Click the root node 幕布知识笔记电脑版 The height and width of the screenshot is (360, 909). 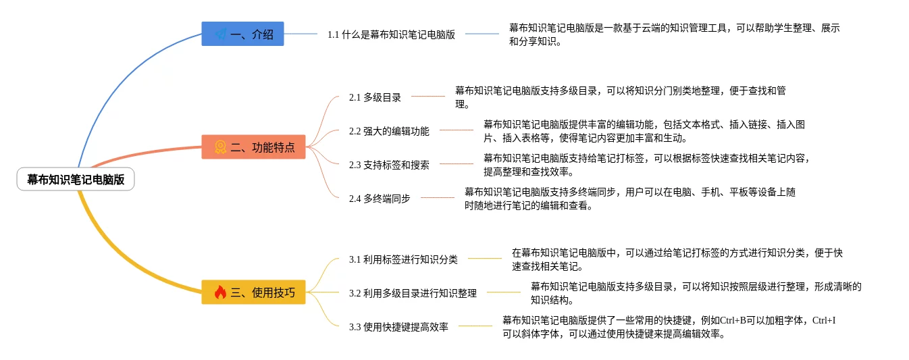coord(76,180)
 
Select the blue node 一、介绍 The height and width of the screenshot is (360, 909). coord(242,34)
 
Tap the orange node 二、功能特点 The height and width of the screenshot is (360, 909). coord(253,147)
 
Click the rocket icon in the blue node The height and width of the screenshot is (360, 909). coord(220,34)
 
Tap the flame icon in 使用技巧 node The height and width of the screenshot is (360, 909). coord(220,292)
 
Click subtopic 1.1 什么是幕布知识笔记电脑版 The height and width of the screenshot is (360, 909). coord(391,34)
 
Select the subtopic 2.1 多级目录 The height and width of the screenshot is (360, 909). coord(375,97)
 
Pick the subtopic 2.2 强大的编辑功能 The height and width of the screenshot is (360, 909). coord(389,131)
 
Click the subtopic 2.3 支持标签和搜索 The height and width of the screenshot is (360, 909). coord(389,164)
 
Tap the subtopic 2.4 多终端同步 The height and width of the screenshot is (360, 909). coord(380,199)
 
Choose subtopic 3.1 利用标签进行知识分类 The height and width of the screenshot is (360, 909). coord(403,259)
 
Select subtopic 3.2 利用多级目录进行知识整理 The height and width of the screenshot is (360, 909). coord(413,293)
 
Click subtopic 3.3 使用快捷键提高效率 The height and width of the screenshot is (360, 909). coord(398,327)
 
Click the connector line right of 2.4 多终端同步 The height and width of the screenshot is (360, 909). coord(438,198)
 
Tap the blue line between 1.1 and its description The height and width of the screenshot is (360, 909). coord(482,34)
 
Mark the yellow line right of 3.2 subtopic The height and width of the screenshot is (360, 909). coord(504,292)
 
